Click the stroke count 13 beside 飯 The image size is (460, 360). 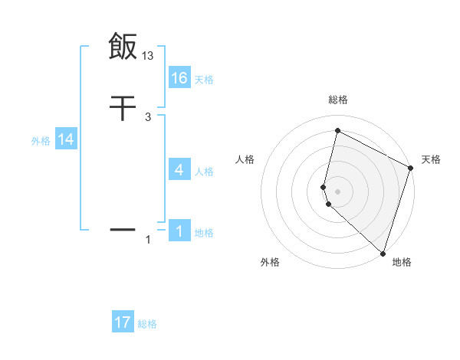point(148,56)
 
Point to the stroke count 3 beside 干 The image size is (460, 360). point(147,117)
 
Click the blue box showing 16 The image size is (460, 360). point(179,77)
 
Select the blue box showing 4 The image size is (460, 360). point(179,170)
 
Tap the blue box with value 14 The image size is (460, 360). point(66,139)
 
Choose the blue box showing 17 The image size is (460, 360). point(123,322)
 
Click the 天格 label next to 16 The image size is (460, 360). point(204,79)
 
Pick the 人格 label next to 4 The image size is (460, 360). point(204,172)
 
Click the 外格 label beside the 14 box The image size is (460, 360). point(41,141)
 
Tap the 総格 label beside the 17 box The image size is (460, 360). point(147,324)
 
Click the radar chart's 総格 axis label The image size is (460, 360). point(337,100)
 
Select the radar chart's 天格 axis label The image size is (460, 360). point(431,159)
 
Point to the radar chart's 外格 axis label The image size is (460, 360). point(270,263)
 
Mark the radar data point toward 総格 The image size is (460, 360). point(337,131)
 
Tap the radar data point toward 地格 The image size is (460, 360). point(383,253)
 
